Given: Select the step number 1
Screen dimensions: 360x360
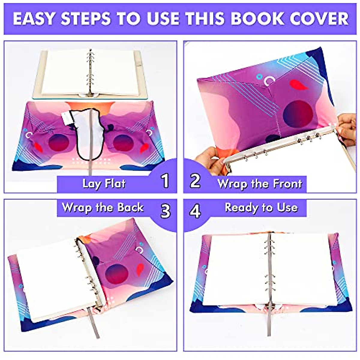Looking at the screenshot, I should (x=165, y=181).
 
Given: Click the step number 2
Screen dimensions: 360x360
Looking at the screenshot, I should (x=195, y=181).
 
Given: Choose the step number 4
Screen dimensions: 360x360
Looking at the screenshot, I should (x=195, y=211).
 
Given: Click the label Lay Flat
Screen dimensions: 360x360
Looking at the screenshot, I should (x=104, y=183).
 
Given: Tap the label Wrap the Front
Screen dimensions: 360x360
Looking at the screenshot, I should (x=260, y=183).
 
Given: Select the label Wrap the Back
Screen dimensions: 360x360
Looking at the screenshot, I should (x=103, y=208).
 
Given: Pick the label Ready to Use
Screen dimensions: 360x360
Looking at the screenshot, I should (x=261, y=208).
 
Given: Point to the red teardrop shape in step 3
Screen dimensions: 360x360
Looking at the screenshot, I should (x=140, y=269).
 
